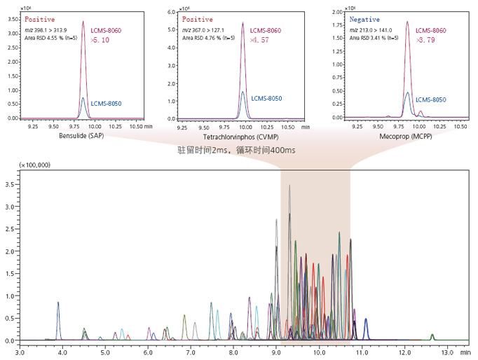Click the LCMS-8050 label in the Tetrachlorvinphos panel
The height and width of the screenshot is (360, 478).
point(266,99)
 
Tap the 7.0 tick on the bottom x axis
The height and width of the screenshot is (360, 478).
point(191,348)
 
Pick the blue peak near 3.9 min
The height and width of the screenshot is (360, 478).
point(58,303)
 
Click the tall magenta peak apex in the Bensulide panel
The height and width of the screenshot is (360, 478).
point(83,22)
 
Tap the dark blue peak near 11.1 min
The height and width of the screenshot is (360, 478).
point(365,319)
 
